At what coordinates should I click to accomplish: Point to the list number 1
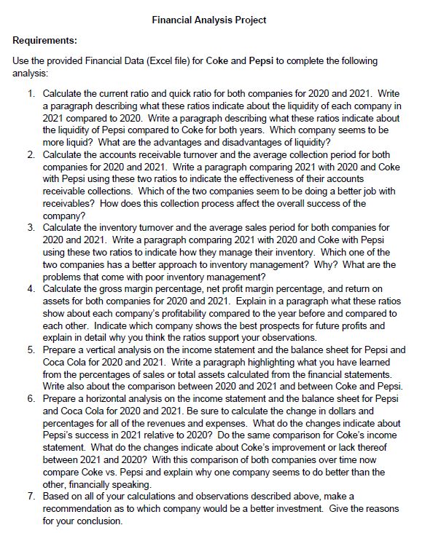pyautogui.click(x=32, y=95)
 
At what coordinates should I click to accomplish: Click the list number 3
pyautogui.click(x=32, y=227)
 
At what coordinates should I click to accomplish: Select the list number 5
pyautogui.click(x=32, y=350)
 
